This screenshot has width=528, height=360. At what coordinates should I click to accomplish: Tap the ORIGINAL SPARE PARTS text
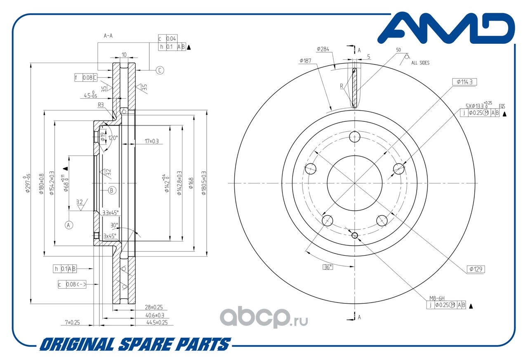click(x=135, y=344)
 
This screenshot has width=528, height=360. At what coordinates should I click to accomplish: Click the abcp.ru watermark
click(x=263, y=317)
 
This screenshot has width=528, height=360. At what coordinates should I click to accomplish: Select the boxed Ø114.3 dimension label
click(x=464, y=82)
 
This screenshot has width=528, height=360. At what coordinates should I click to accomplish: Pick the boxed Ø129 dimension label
click(x=476, y=269)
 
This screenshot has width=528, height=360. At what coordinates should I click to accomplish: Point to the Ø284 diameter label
click(x=323, y=49)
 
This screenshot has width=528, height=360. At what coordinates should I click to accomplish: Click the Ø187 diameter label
click(x=306, y=61)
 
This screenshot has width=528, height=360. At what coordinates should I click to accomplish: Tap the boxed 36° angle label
click(x=328, y=267)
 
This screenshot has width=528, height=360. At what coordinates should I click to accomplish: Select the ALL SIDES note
click(x=420, y=63)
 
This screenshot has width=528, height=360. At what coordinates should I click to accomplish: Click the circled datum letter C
click(x=160, y=70)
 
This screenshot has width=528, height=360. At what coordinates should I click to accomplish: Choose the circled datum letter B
click(x=112, y=190)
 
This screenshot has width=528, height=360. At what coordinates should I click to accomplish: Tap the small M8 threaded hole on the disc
click(x=355, y=235)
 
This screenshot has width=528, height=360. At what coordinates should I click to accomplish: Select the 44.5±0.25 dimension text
click(x=156, y=322)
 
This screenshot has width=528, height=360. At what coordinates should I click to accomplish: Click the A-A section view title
click(x=108, y=36)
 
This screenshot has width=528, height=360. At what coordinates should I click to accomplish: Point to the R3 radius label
click(x=101, y=105)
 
